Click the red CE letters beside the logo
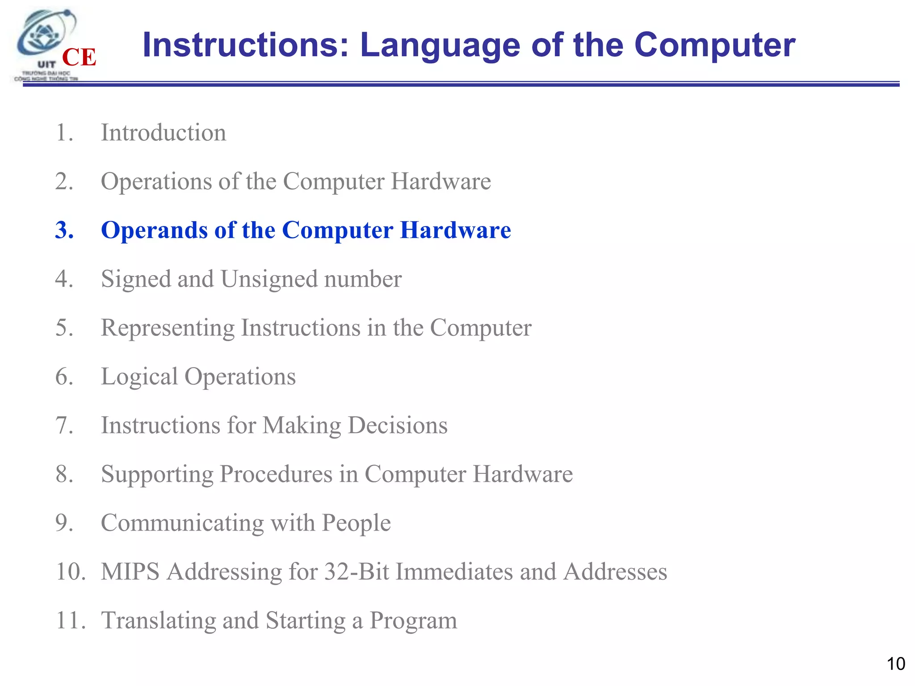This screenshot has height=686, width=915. point(79,57)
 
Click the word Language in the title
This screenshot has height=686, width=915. point(440,45)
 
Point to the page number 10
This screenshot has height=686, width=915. point(895,664)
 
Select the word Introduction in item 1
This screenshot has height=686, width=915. point(164,133)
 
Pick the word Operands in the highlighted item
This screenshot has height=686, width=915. point(154,231)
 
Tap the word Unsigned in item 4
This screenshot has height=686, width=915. point(269,280)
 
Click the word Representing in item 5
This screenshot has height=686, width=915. point(168,328)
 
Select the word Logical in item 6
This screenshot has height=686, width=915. point(139,376)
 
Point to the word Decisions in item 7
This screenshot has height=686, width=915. point(398,425)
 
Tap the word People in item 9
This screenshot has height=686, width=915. point(356,523)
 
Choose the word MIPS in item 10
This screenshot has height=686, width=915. point(130,572)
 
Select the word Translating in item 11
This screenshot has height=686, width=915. point(158,621)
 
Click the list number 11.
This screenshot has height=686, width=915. point(70,621)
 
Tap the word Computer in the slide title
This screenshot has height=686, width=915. point(714,45)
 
